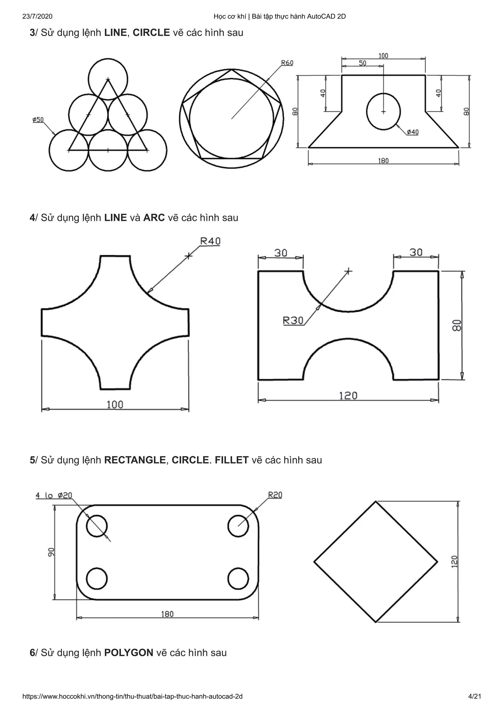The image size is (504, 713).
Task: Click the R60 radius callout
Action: (287, 63)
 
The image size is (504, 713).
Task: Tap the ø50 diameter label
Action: (38, 120)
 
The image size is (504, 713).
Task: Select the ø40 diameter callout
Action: (413, 132)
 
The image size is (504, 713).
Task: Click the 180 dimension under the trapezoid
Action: (383, 161)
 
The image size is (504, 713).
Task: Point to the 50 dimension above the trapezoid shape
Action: (362, 63)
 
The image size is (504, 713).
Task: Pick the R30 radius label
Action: (293, 321)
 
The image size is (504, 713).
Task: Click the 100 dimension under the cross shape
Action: (115, 405)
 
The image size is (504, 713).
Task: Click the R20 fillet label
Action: (275, 495)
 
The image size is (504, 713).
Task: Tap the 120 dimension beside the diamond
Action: (454, 562)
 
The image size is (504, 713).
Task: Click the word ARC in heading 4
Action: (154, 217)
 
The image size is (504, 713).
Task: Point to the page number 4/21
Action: (474, 703)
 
